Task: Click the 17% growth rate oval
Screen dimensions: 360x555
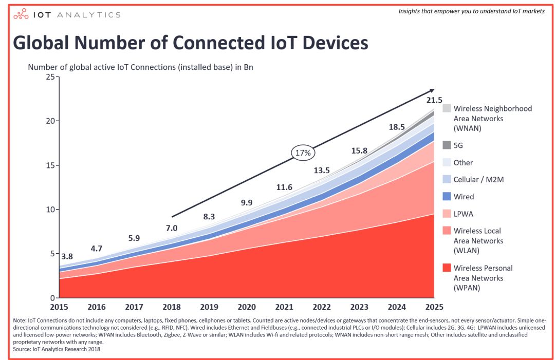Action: (303, 153)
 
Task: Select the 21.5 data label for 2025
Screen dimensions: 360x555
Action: (434, 100)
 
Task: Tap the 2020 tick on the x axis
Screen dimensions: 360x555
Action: (246, 307)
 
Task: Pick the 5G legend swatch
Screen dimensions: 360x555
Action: (447, 145)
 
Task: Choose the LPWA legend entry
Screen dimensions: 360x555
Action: (463, 214)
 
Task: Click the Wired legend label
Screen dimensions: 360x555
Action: (464, 197)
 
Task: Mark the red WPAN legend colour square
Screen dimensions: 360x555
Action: (447, 268)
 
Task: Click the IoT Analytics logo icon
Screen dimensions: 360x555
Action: (20, 14)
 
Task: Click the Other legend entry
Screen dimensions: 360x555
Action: (463, 162)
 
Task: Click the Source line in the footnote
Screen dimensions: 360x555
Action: (57, 349)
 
